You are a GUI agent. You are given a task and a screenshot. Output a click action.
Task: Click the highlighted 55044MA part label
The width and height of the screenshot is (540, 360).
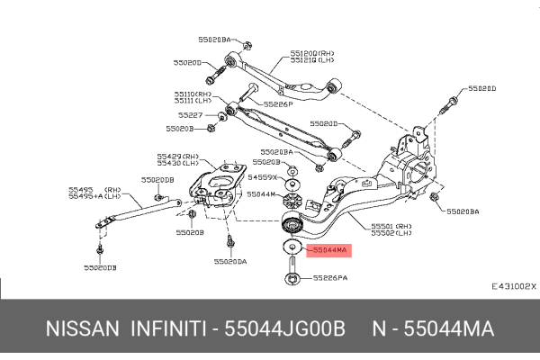(x=328, y=249)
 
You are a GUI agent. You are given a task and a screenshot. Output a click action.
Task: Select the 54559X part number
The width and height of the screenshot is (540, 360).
(x=261, y=178)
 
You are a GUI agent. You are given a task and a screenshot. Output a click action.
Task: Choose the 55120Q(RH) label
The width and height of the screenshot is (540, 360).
(x=309, y=53)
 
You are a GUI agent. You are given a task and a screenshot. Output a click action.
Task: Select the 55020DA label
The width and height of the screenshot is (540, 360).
(x=230, y=262)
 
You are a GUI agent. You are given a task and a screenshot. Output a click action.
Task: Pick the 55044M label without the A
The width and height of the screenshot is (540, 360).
(x=261, y=194)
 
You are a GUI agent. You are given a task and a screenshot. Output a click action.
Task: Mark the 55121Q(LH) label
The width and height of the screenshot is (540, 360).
(x=309, y=61)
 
